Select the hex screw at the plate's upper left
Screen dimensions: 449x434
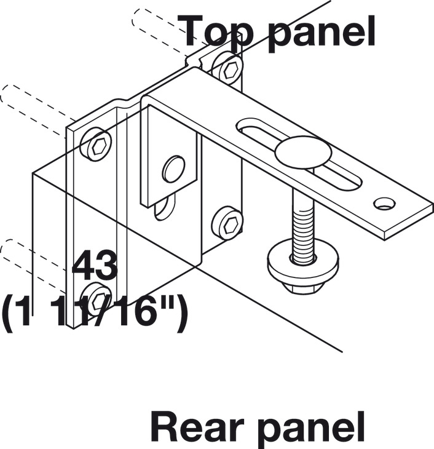point(98,146)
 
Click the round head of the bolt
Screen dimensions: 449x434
point(303,154)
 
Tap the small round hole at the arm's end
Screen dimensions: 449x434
point(384,203)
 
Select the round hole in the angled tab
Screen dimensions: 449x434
point(174,169)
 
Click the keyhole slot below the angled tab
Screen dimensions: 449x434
point(165,210)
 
